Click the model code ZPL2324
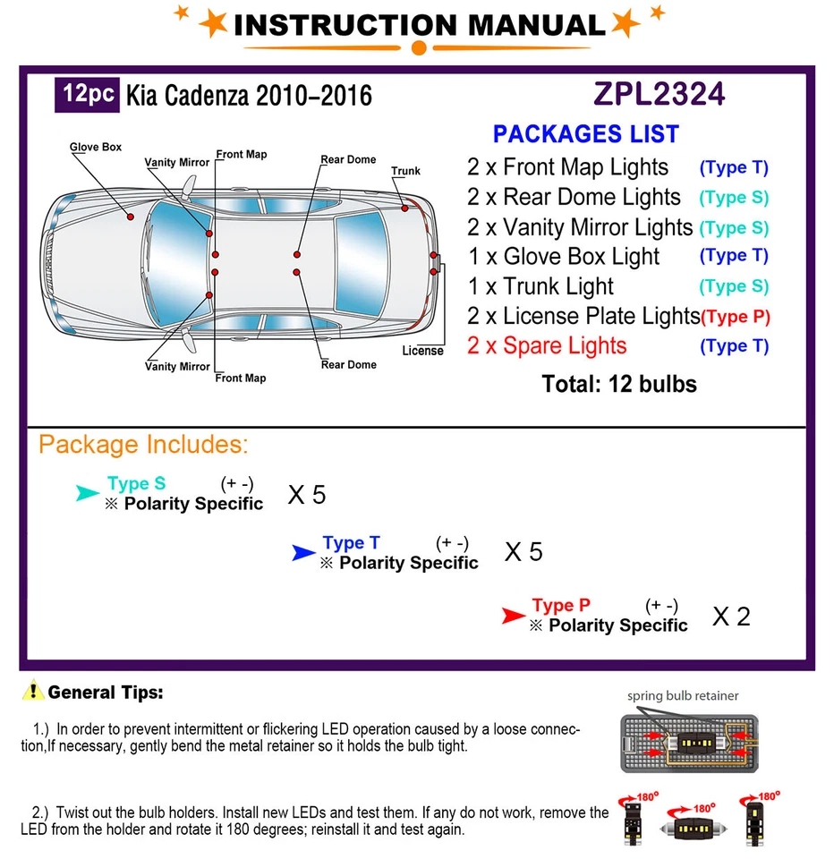pyautogui.click(x=659, y=94)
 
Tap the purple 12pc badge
pyautogui.click(x=88, y=94)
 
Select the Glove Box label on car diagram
pyautogui.click(x=96, y=147)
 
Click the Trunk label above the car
pyautogui.click(x=405, y=171)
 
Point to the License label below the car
pyautogui.click(x=422, y=351)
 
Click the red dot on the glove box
pyautogui.click(x=131, y=217)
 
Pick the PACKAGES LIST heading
pyautogui.click(x=586, y=134)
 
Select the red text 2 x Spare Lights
pyautogui.click(x=547, y=346)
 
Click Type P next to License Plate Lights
pyautogui.click(x=736, y=316)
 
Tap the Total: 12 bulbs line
pyautogui.click(x=619, y=384)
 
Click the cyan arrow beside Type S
pyautogui.click(x=87, y=493)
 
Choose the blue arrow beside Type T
pyautogui.click(x=303, y=554)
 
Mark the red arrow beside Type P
pyautogui.click(x=513, y=616)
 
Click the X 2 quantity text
pyautogui.click(x=731, y=617)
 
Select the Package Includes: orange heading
pyautogui.click(x=143, y=444)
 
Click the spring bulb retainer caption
pyautogui.click(x=683, y=695)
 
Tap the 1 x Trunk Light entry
pyautogui.click(x=540, y=286)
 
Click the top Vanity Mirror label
pyautogui.click(x=177, y=163)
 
